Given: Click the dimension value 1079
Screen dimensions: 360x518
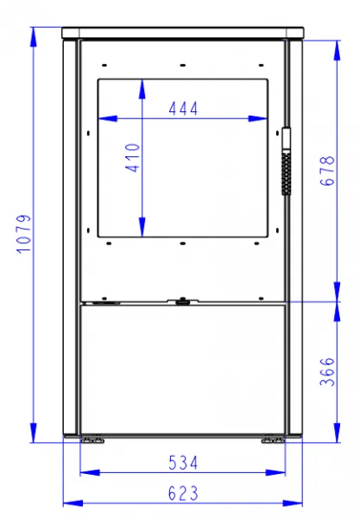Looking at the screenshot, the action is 23,234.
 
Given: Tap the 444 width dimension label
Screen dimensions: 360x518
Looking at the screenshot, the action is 183,109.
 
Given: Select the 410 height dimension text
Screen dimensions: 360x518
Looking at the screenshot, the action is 132,158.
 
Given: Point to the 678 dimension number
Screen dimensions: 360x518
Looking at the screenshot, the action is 327,171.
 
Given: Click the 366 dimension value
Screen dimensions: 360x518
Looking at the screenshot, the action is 327,371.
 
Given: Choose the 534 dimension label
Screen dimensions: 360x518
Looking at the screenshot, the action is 183,463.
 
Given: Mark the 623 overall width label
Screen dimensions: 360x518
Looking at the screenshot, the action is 183,494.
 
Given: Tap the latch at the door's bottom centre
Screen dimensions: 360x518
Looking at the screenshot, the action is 182,301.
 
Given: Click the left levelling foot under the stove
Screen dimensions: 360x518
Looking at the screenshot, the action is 93,440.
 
